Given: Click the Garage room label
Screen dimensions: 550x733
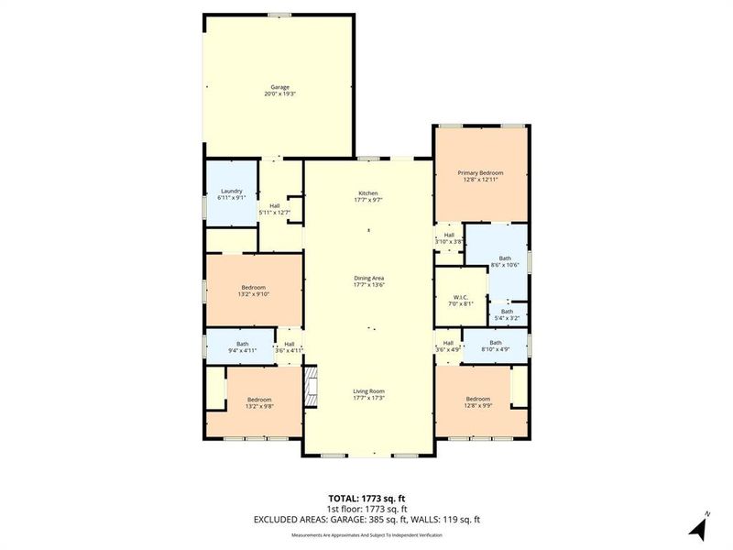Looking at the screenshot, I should point(279,87).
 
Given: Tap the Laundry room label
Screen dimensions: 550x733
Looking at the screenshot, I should point(231,191).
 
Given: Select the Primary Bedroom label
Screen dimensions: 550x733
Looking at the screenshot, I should point(480,172).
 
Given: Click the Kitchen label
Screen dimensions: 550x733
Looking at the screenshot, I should point(367,192).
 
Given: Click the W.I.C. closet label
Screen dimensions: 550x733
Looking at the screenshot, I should point(461,296).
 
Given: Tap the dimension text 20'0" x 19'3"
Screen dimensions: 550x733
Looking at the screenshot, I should point(279,94).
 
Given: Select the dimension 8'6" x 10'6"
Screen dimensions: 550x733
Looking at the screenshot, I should point(505,265).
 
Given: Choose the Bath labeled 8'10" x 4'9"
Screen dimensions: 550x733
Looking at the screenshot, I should point(495,343).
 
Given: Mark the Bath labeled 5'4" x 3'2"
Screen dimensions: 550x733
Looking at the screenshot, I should point(507,312).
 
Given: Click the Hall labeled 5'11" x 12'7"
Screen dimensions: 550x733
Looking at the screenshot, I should point(275,205).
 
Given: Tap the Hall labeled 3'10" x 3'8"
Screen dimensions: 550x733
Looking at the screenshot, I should point(449,235).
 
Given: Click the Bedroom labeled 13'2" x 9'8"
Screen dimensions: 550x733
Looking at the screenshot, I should point(260,399).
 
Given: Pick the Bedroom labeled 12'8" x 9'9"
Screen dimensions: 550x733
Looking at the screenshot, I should point(479,399).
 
